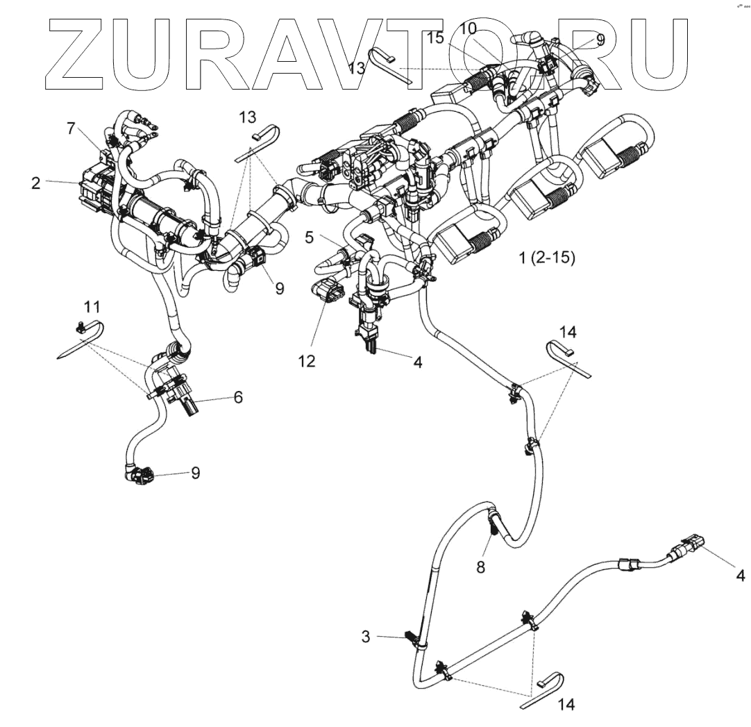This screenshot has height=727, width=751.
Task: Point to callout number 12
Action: tap(307, 360)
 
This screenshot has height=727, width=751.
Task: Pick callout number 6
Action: tap(238, 398)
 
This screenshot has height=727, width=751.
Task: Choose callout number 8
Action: tap(480, 566)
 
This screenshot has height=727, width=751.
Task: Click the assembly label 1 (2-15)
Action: tap(546, 258)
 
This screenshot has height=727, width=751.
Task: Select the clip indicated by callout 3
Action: tap(411, 637)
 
